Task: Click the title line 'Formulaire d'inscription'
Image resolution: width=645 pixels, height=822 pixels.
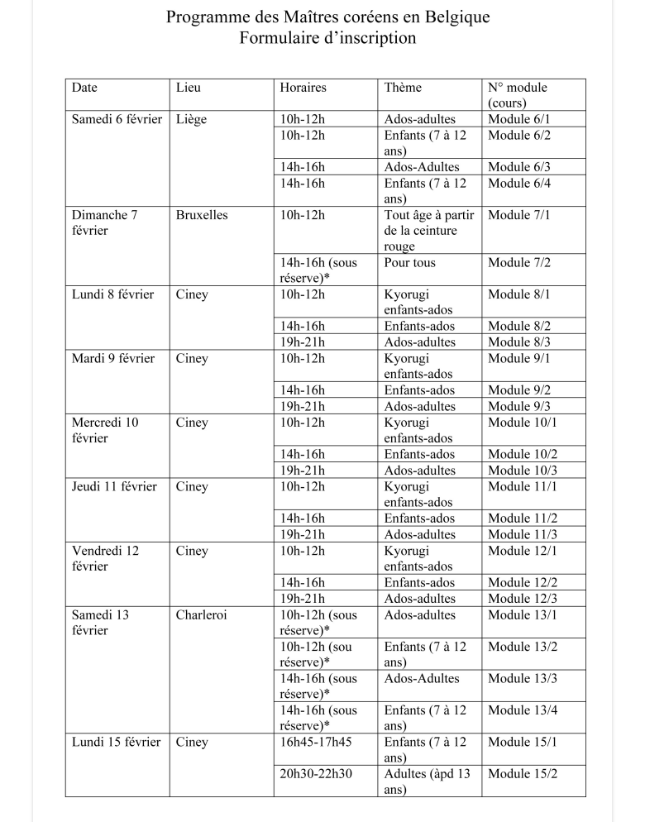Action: tap(327, 39)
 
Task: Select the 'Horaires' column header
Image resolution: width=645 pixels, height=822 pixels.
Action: tap(303, 88)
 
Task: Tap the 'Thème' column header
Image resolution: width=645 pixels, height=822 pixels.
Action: tap(403, 88)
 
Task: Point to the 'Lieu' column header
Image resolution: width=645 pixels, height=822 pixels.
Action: tap(189, 88)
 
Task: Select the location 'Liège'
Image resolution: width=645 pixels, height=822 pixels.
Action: tap(191, 119)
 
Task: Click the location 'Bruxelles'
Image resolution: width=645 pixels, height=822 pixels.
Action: tap(202, 215)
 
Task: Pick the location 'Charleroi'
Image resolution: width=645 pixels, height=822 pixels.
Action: tap(203, 615)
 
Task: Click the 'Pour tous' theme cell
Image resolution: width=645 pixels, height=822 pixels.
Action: tap(409, 263)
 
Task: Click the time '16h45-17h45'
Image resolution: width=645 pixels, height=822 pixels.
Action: tap(316, 743)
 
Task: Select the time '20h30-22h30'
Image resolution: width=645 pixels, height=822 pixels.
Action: tap(316, 774)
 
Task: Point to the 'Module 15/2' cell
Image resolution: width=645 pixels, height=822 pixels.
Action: tap(523, 774)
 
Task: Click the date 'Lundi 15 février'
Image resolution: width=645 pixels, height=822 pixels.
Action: tap(116, 743)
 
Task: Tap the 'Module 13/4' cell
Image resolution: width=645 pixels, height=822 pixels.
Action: tap(523, 710)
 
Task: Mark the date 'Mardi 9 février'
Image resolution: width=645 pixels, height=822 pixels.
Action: tap(113, 359)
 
